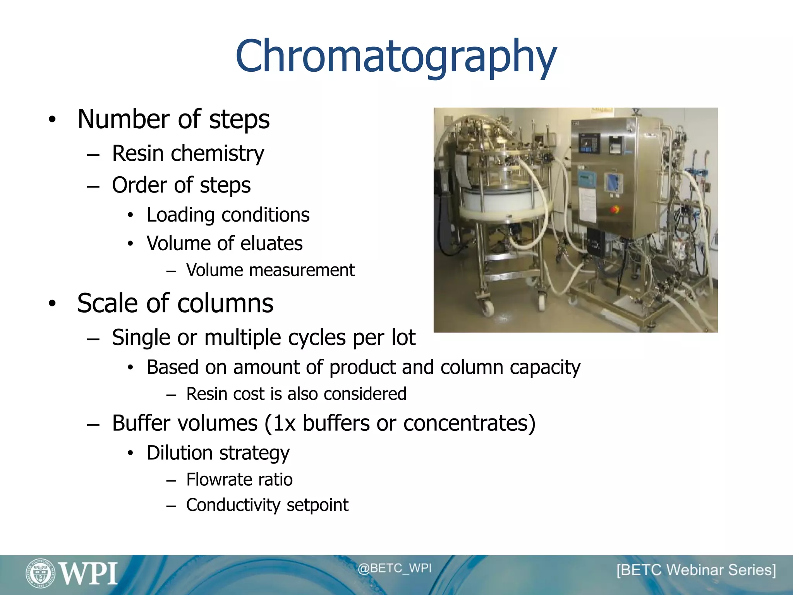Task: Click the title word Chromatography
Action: pos(396,57)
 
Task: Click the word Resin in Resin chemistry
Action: pos(138,153)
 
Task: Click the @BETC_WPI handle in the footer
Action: pos(394,568)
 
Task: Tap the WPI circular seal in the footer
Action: pos(40,573)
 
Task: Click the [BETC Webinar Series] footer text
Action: pos(696,570)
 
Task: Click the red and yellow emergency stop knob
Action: pos(614,210)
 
